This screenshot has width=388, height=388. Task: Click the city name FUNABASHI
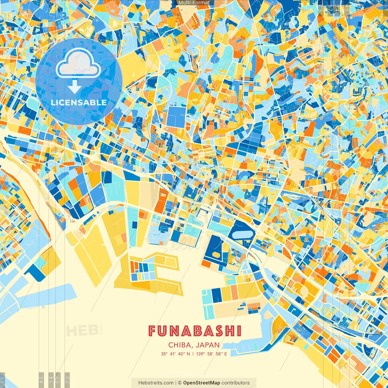click(x=195, y=331)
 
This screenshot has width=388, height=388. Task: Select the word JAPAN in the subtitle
click(x=208, y=345)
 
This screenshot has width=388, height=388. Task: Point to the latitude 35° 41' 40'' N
click(x=176, y=354)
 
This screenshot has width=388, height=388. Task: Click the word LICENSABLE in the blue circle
click(x=79, y=102)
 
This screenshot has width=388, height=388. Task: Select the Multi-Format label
click(x=194, y=3)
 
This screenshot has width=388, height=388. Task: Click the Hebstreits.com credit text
click(x=156, y=383)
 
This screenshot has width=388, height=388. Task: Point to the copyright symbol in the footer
click(x=179, y=383)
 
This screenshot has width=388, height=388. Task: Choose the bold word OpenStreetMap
click(x=202, y=383)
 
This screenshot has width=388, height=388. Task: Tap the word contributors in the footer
click(x=236, y=383)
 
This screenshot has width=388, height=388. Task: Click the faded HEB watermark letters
click(x=82, y=331)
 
